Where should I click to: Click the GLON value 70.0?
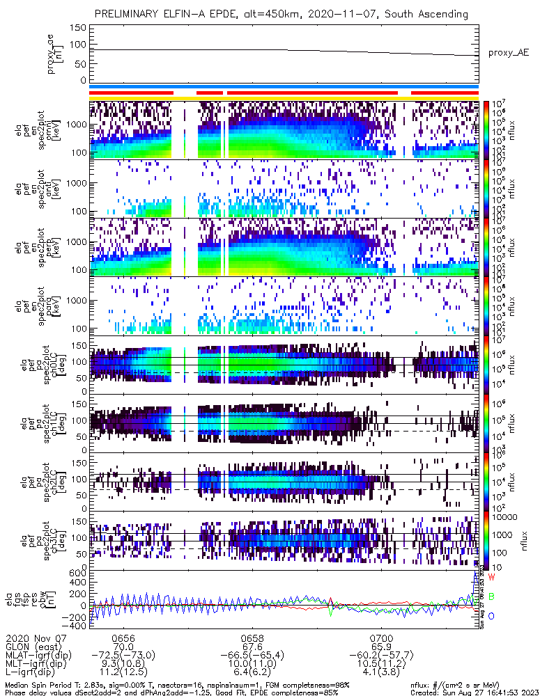coord(123,647)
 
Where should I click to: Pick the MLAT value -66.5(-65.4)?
coord(252,655)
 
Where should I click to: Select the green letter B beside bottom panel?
coord(491,596)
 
